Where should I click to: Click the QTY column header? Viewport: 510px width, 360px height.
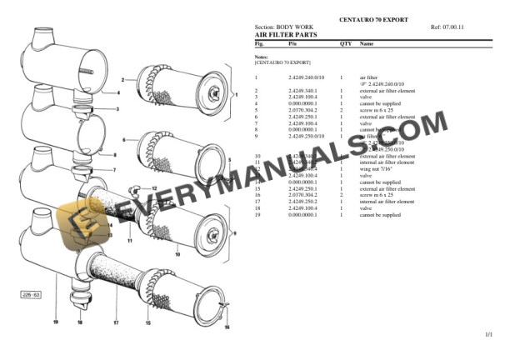[345, 42]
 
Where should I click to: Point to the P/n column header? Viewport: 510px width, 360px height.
[292, 42]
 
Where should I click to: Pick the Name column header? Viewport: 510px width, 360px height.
[367, 42]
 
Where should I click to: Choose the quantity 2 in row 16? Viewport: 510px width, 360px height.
[342, 196]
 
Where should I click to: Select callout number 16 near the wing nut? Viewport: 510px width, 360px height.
[225, 327]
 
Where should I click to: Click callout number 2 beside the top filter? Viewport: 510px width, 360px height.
[122, 79]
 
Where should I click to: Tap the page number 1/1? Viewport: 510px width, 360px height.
[488, 334]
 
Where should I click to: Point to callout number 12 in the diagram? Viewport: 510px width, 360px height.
[154, 190]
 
